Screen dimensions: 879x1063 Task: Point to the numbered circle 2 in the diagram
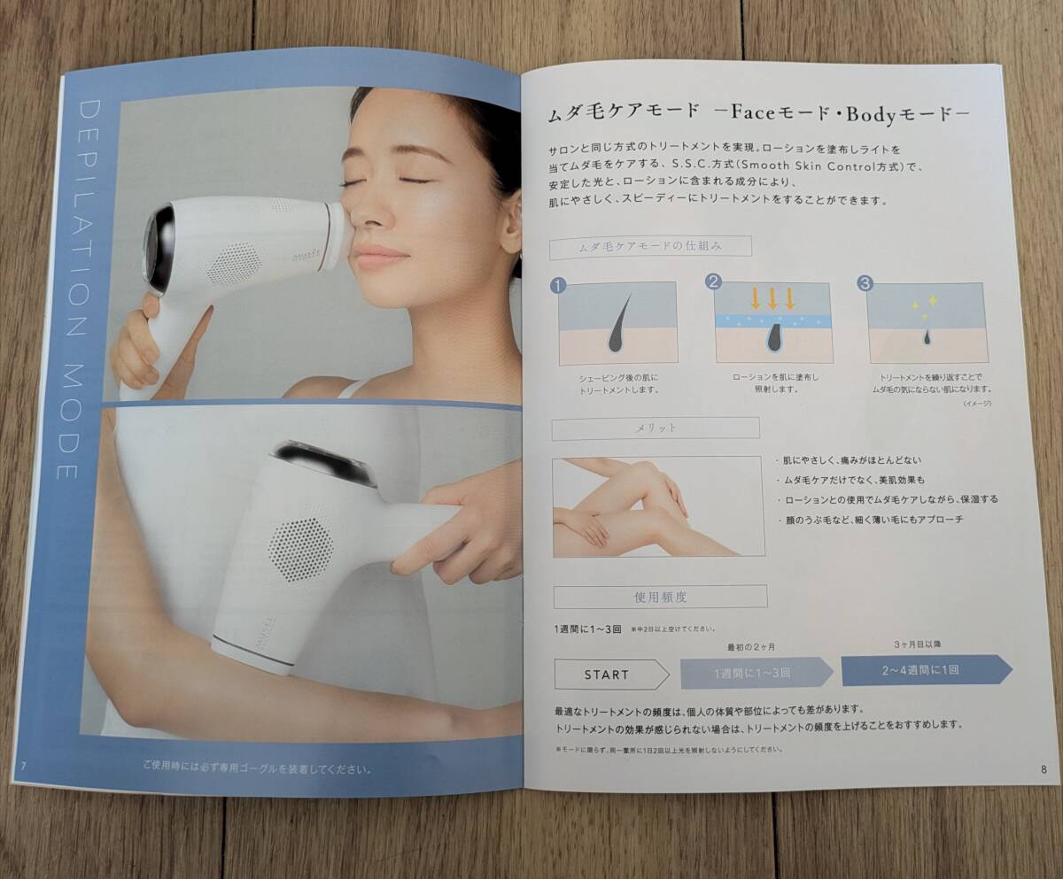click(x=712, y=282)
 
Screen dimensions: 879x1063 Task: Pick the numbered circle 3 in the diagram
click(x=865, y=283)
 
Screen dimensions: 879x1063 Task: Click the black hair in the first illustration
click(x=617, y=323)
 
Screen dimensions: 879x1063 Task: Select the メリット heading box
click(x=655, y=428)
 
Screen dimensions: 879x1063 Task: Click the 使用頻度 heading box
click(x=659, y=598)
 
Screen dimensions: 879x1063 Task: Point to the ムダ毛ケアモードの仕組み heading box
click(x=650, y=248)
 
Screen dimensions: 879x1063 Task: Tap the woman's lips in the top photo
click(x=380, y=257)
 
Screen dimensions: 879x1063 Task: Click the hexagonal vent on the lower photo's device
click(x=300, y=549)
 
